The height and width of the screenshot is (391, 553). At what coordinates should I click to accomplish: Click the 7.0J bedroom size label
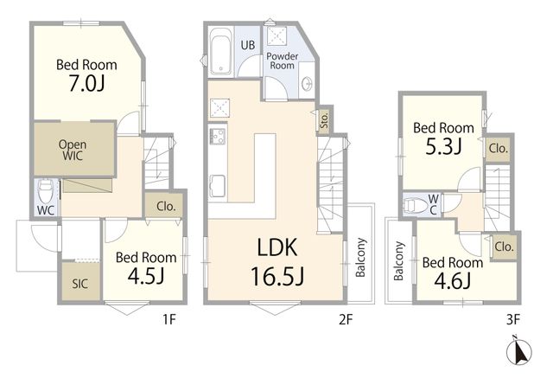tap(86, 83)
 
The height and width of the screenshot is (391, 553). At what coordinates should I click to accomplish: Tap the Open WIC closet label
tap(73, 150)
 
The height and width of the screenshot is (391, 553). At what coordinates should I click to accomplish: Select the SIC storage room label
tap(80, 284)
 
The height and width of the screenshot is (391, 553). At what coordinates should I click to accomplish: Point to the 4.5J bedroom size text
tap(146, 276)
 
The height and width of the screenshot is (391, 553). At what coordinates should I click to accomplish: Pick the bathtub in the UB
tap(221, 51)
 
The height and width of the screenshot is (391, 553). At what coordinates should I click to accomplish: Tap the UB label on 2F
tap(248, 45)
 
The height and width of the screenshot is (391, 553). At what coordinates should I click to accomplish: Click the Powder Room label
tap(283, 61)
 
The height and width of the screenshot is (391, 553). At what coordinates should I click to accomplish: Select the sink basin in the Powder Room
tap(308, 85)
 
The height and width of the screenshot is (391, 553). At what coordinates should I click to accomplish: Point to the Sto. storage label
tap(325, 120)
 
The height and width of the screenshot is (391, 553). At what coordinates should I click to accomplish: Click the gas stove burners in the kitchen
tap(218, 136)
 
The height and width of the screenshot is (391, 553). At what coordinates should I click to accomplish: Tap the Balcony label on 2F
tap(360, 258)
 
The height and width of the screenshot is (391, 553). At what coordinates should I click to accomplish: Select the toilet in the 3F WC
tap(415, 205)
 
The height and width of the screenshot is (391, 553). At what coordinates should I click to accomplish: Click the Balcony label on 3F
tap(398, 261)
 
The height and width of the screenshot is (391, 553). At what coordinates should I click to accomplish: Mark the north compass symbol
tap(518, 351)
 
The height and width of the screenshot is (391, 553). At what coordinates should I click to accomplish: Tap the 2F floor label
tap(346, 320)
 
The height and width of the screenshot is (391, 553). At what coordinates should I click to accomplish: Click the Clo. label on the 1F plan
tap(166, 206)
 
